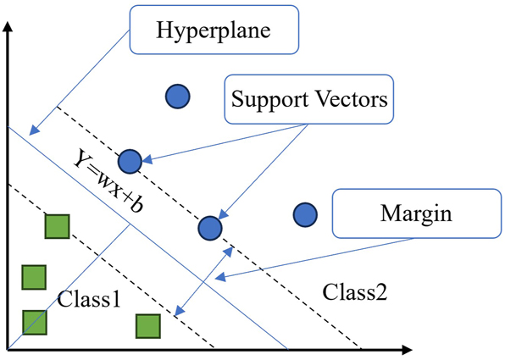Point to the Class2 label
pos(355,292)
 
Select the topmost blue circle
pos(177,97)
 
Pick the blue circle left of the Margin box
pos(304,215)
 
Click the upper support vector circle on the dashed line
pos(129,160)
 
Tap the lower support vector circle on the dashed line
pos(209,227)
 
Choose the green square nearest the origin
pos(33,323)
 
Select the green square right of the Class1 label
pos(148,326)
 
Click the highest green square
pos(56,227)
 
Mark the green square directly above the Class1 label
pos(33,276)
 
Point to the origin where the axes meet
pos(8,348)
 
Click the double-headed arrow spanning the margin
pos(202,280)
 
